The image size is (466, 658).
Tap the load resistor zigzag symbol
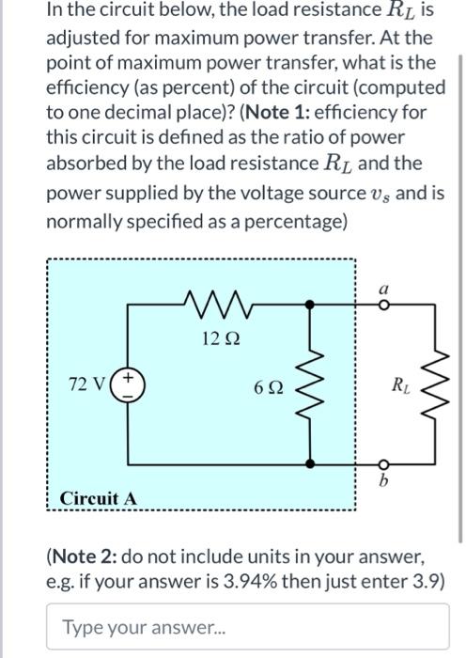pos(434,385)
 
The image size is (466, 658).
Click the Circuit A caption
pos(99,497)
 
